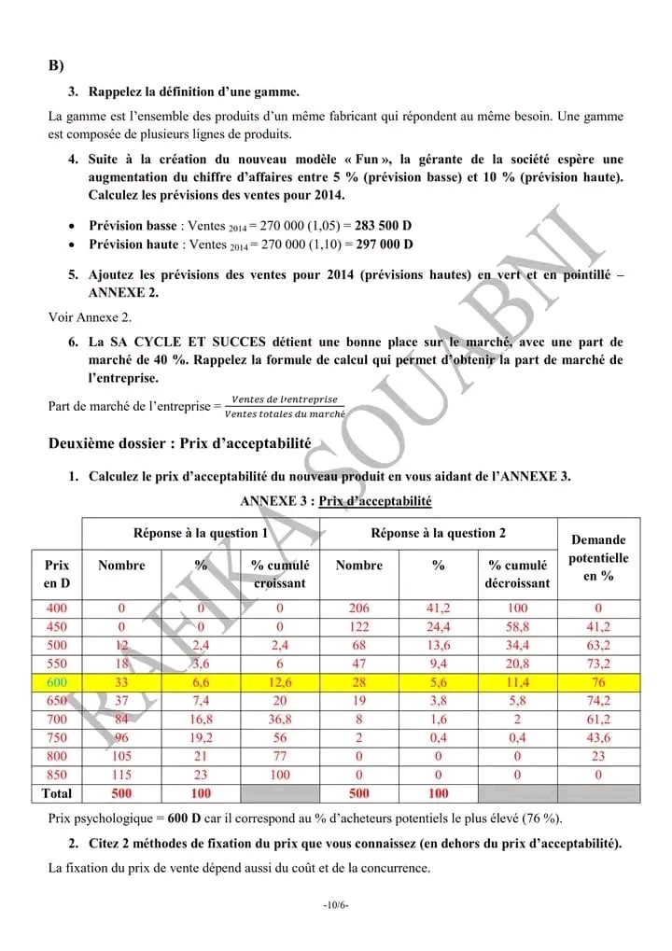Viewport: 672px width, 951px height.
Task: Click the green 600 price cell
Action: point(57,682)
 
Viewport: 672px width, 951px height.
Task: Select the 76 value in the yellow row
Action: point(598,682)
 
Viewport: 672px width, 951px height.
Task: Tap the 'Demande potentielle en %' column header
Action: point(598,558)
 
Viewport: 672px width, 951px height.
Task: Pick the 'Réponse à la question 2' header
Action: point(439,533)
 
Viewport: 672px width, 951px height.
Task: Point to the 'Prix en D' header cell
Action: point(57,574)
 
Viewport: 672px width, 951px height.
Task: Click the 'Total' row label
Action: point(57,793)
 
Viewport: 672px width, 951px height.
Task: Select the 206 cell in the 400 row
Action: point(359,608)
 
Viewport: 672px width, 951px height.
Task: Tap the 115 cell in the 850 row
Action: point(121,775)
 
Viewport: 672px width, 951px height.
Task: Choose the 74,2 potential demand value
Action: point(598,701)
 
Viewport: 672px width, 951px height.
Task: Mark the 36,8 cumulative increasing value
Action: point(280,720)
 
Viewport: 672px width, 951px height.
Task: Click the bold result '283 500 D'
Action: point(385,226)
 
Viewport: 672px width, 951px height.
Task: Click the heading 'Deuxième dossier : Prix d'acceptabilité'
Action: point(179,443)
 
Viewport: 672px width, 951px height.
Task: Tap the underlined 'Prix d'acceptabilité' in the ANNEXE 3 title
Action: point(375,501)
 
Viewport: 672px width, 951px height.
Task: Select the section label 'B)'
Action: point(56,66)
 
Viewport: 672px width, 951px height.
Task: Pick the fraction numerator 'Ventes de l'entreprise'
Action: point(285,399)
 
